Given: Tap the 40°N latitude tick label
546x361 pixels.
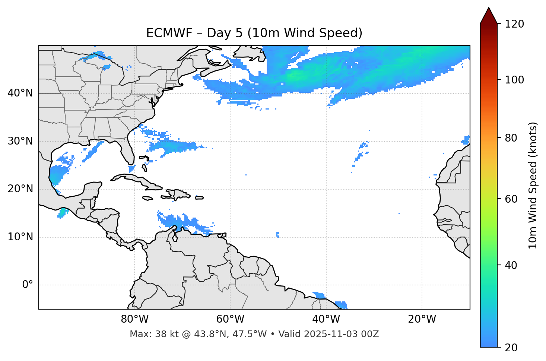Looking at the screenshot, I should tap(20, 93).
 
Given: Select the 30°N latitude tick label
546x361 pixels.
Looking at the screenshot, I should tap(20, 141).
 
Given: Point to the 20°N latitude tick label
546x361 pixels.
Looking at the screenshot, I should tap(20, 189).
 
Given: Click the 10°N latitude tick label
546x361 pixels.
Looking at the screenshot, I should tap(20, 237).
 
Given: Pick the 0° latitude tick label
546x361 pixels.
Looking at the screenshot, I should tap(28, 285).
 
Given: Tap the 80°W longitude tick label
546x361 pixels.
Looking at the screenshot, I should tap(134, 319).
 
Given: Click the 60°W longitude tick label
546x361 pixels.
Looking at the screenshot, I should tap(230, 319).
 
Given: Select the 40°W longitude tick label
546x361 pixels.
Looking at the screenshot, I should tap(326, 319).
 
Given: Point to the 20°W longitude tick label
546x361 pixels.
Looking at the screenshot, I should tap(422, 319).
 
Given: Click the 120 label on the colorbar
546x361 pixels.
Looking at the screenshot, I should tap(514, 24).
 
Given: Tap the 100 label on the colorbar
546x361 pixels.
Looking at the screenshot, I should tap(514, 80).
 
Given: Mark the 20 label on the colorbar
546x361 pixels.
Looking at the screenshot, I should tap(511, 348).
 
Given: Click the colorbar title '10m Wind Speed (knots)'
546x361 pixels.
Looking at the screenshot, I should tap(533, 186).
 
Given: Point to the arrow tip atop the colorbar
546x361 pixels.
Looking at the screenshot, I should tap(489, 8).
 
